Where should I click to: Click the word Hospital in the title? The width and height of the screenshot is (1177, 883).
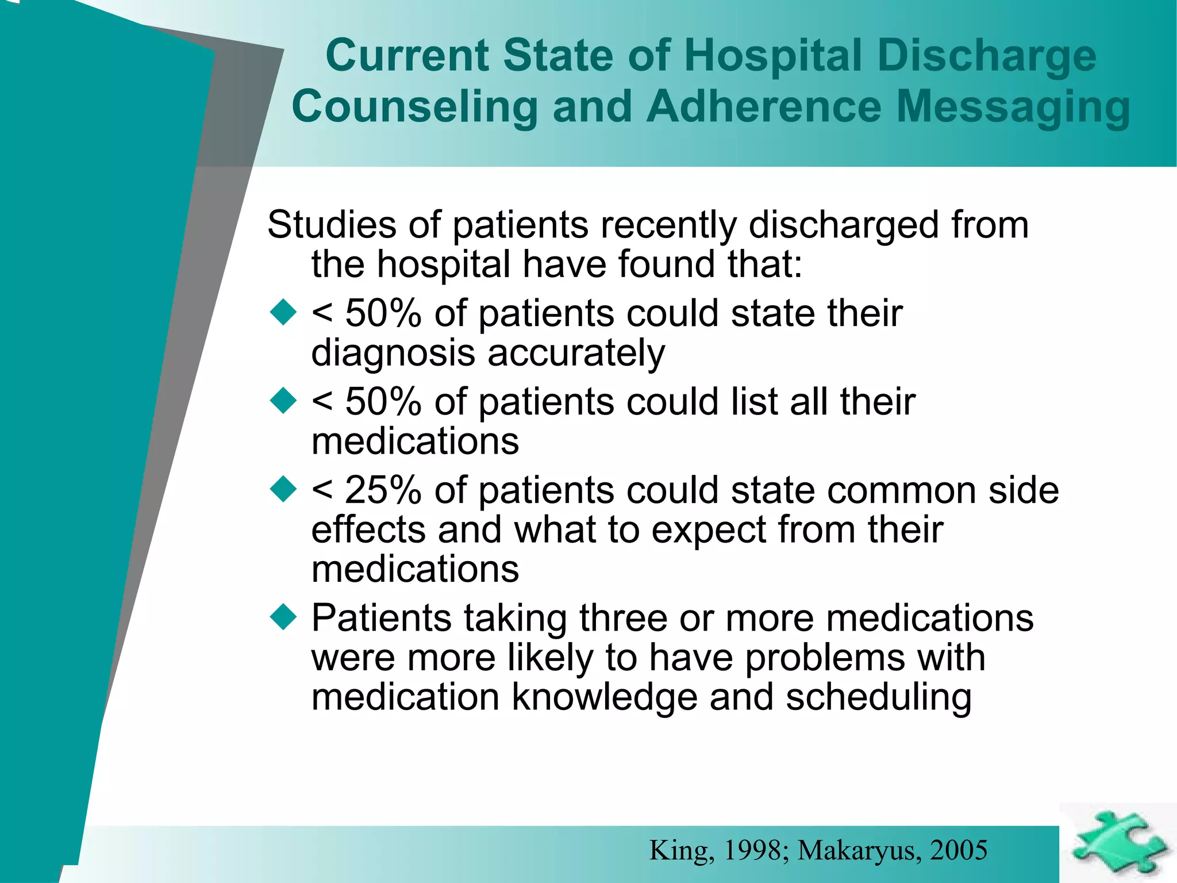coord(773,56)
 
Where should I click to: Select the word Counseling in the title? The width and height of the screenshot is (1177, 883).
coord(414,108)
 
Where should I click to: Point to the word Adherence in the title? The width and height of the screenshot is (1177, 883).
coord(764,106)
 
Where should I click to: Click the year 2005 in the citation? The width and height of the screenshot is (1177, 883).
coord(959,850)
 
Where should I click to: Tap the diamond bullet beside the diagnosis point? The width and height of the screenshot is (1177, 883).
coord(283,313)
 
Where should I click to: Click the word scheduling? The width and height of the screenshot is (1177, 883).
coord(878,698)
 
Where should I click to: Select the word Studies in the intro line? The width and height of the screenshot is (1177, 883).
coord(332,224)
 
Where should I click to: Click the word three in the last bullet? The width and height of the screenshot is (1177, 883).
coord(622,619)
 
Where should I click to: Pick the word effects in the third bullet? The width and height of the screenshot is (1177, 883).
coord(368,529)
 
